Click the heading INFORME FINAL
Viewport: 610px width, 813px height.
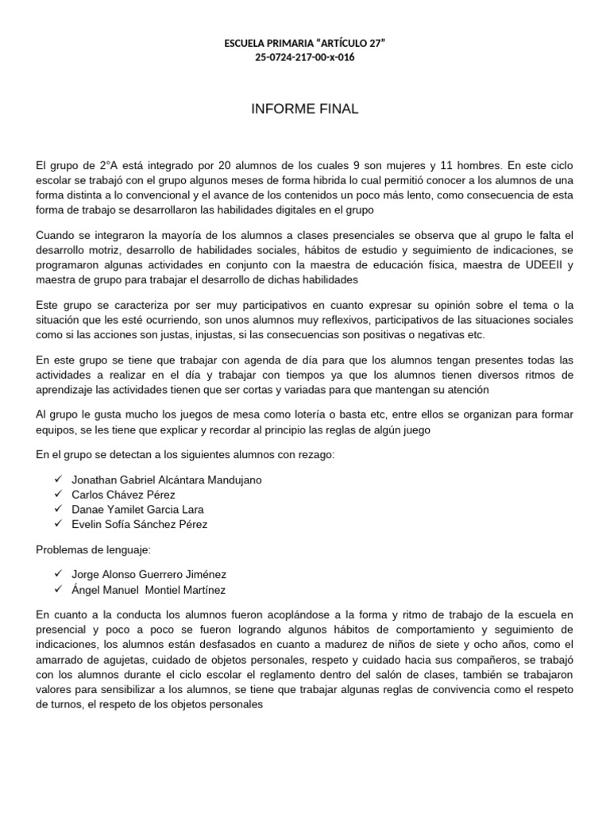pos(304,109)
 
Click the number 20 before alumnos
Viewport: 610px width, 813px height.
pos(243,166)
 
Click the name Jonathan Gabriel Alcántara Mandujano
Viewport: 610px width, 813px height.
pos(166,480)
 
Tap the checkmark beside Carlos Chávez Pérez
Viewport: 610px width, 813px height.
pos(58,495)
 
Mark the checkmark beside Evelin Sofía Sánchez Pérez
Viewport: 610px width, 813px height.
pos(58,524)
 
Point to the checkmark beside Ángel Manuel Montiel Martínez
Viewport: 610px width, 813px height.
pos(58,589)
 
